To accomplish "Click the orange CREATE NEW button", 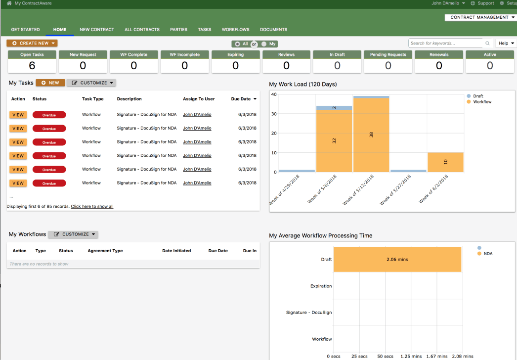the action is [32, 43].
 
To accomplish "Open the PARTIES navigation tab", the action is [179, 30].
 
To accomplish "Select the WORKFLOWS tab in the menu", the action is [235, 30].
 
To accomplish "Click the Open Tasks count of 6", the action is [32, 66].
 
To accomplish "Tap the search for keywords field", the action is [447, 43].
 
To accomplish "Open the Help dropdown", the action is [506, 43].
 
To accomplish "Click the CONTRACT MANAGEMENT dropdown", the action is [480, 17].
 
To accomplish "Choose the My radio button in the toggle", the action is [264, 44].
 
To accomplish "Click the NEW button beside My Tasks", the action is [50, 83].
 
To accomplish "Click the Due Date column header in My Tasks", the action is [243, 99].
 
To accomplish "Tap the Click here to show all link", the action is [92, 207].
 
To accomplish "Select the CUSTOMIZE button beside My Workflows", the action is [73, 234].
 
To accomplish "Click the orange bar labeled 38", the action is [371, 135].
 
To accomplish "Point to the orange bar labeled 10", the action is [445, 162].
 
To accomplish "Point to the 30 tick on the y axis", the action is [274, 114].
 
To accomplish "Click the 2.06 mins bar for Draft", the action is [397, 259].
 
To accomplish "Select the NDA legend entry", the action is [485, 254].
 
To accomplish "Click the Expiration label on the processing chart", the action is [321, 286].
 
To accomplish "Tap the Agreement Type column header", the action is [105, 251].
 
